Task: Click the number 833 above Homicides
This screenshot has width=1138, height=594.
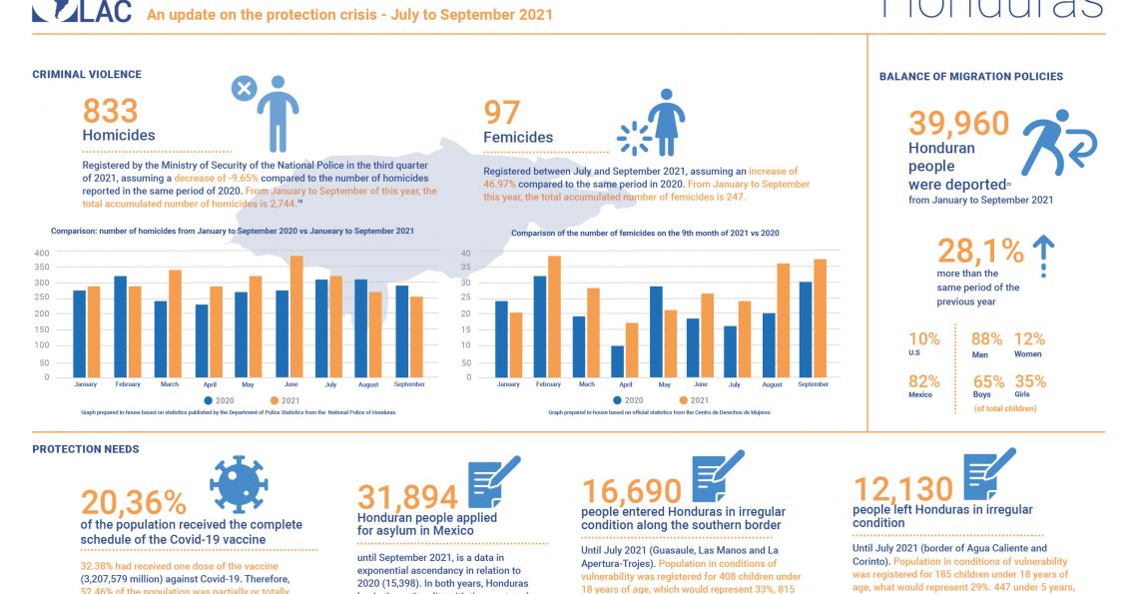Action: (x=110, y=112)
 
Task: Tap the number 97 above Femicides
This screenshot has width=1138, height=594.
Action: (x=503, y=113)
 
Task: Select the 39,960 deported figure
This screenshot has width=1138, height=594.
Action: (x=958, y=124)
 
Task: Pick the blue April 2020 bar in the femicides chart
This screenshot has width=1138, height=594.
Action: (x=618, y=361)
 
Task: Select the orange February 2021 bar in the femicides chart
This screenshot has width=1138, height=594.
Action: (x=554, y=316)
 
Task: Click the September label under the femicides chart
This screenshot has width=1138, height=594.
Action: (x=815, y=384)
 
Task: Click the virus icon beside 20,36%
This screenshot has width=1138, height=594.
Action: (x=239, y=484)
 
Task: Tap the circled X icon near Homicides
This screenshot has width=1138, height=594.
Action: (x=243, y=89)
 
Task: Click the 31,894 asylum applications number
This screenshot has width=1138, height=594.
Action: (x=407, y=495)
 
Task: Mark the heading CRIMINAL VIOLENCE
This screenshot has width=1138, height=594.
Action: (x=87, y=75)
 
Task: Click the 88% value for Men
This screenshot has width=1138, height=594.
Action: (x=987, y=339)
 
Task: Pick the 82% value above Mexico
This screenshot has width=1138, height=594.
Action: (x=924, y=380)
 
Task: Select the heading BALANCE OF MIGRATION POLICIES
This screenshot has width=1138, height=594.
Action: (x=970, y=77)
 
